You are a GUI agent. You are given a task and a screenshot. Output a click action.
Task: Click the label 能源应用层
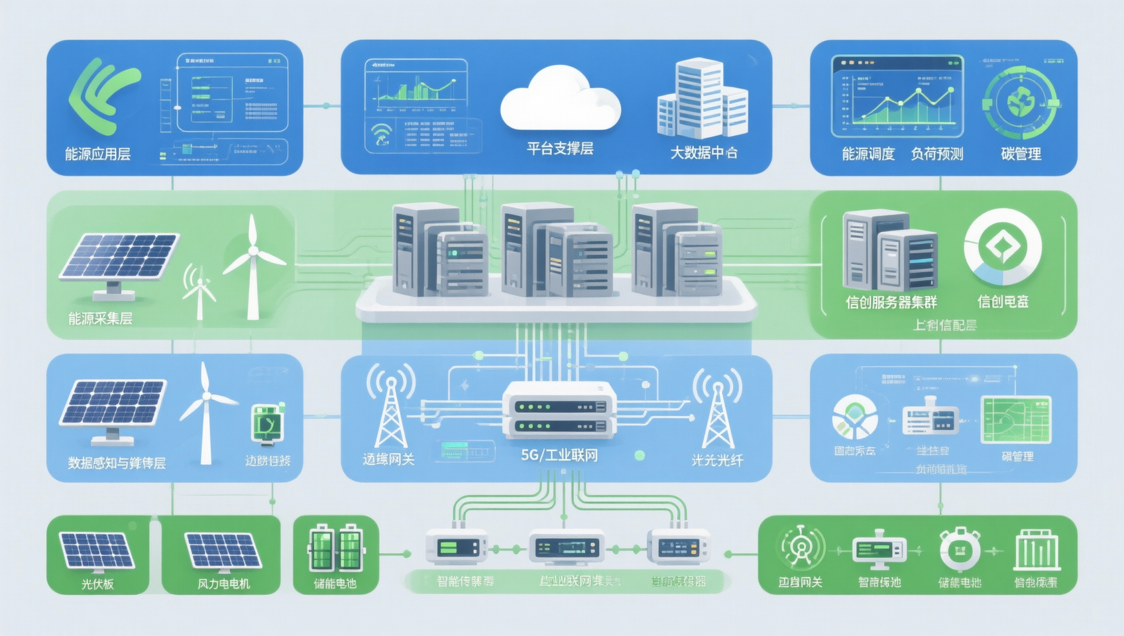tap(97, 154)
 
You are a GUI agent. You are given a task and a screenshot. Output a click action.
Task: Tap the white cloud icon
tap(560, 99)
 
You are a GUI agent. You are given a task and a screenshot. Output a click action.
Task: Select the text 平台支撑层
tap(560, 149)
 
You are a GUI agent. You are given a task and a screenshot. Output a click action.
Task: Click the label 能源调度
tap(868, 154)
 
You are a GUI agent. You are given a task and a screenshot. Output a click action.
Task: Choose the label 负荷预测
tap(936, 154)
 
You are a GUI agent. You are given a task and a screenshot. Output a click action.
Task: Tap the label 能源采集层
tap(100, 319)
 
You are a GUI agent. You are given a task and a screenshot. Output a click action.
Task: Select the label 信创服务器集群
tap(891, 303)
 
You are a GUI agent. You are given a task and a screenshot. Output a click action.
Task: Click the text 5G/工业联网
tap(559, 455)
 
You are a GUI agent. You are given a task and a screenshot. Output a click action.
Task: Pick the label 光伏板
tap(97, 584)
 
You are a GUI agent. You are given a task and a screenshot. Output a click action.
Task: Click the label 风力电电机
tap(223, 584)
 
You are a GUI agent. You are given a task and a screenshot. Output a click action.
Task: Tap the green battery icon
tap(335, 548)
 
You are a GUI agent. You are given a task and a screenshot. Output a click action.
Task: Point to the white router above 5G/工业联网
tap(559, 411)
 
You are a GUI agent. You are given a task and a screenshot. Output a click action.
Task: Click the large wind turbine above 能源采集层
tap(253, 265)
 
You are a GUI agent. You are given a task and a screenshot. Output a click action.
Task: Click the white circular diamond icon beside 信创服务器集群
tap(1003, 247)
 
